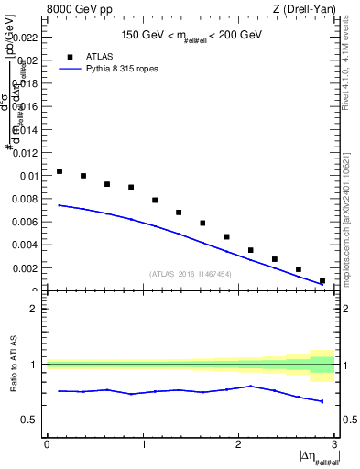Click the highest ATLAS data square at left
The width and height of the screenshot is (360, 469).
coord(60,171)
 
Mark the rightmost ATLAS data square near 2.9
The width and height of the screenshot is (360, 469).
coord(322,281)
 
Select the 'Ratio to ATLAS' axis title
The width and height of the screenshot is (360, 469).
coord(14,365)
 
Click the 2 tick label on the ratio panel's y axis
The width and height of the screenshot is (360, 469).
coord(34,309)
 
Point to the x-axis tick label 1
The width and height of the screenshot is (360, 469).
coord(142,444)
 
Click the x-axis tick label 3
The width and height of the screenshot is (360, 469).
coord(334,444)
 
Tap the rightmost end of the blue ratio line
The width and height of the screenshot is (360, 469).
coord(322,401)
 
